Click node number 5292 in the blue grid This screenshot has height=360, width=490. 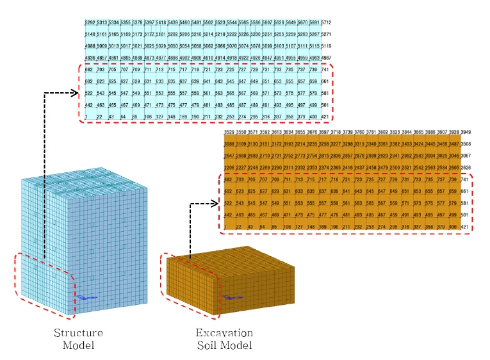point(90,23)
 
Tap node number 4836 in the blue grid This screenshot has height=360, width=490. point(90,58)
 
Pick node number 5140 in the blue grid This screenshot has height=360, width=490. point(90,35)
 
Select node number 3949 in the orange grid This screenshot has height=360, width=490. point(465,133)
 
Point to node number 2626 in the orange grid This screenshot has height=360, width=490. point(465,167)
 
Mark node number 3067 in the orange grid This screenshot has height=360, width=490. point(465,156)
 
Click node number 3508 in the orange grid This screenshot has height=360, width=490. point(465,144)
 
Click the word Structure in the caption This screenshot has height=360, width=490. point(78,333)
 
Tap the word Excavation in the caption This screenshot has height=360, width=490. point(224,333)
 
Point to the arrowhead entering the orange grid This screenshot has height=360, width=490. point(215,205)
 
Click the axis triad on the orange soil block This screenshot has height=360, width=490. point(229,297)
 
